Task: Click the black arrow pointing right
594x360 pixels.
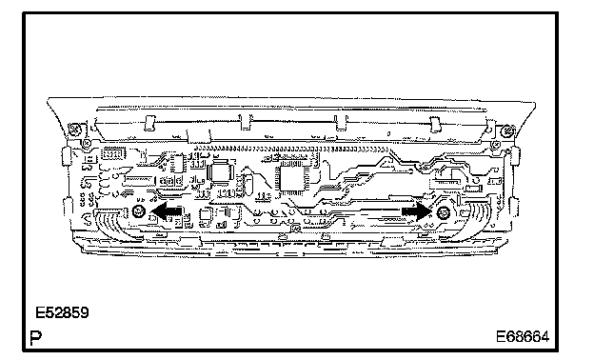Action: point(417,211)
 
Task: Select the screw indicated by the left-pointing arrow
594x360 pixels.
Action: point(139,211)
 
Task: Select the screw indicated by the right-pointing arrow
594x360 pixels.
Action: point(444,212)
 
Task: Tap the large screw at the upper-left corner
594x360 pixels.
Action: point(74,130)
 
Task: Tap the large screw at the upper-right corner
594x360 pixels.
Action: point(506,131)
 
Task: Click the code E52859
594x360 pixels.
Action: point(62,312)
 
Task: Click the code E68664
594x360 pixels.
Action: point(523,336)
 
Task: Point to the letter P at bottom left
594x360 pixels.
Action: point(36,338)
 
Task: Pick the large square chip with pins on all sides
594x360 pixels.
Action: point(294,178)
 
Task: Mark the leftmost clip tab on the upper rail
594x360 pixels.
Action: point(149,123)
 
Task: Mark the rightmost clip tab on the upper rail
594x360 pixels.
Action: point(436,124)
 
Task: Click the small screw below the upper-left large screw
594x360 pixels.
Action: point(87,143)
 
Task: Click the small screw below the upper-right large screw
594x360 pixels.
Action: point(495,145)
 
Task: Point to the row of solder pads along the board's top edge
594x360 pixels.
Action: point(291,149)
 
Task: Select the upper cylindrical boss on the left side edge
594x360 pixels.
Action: point(67,156)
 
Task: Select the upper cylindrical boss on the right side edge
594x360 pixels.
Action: point(515,156)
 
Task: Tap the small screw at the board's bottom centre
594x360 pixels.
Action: point(295,229)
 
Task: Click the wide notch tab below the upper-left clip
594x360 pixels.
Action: point(199,136)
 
